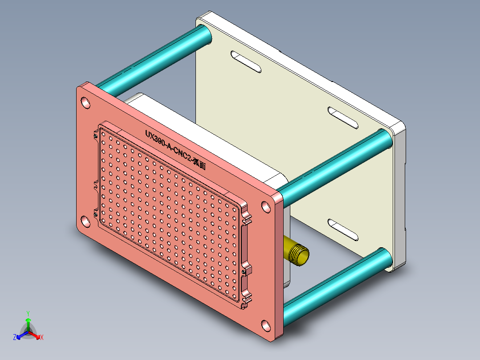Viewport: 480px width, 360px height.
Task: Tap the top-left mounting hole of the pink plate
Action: pos(85,103)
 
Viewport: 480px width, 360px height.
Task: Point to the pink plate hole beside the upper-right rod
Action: pos(266,207)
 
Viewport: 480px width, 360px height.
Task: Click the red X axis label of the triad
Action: pos(41,337)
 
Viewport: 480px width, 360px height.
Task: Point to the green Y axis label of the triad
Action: pos(28,313)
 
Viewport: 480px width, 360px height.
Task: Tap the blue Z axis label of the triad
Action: pos(15,337)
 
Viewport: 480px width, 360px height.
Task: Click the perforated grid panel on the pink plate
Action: pos(169,214)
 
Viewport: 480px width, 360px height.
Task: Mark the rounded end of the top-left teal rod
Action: pos(204,35)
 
